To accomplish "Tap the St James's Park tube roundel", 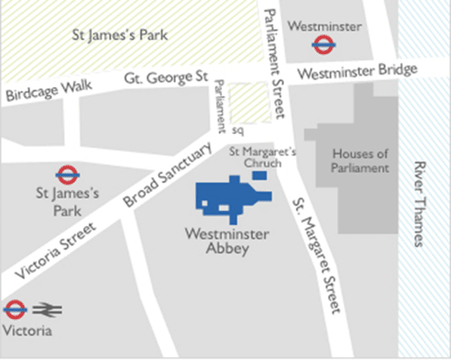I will point(67,174).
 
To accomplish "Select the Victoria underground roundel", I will point(15,310).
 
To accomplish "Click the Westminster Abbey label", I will point(227,242).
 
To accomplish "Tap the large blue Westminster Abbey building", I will point(226,197).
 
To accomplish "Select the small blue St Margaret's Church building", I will point(260,175).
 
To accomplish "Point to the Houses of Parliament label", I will point(360,161).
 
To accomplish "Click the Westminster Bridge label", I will point(357,72).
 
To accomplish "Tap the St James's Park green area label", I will point(121,34).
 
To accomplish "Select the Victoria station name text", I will point(27,331).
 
